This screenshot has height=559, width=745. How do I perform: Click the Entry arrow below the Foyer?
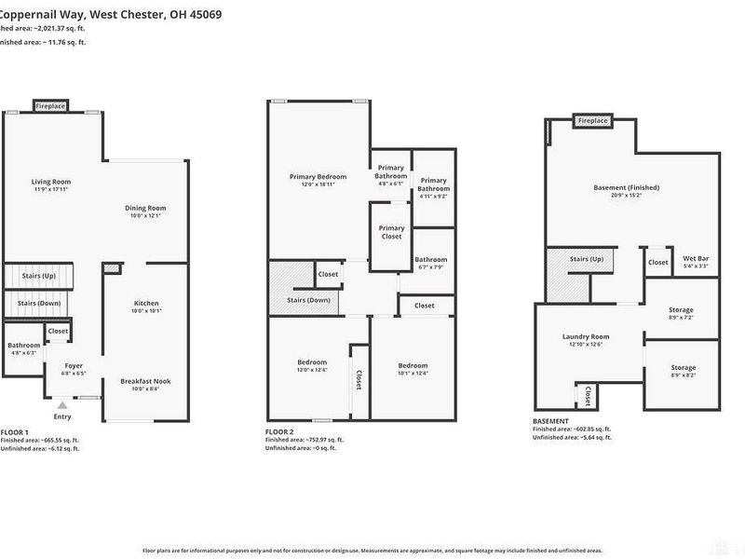62,405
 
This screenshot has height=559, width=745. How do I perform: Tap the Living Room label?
51,182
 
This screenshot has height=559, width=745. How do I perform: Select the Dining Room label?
145,208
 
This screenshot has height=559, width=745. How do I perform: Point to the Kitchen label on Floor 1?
146,303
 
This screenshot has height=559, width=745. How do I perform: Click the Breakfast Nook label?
145,381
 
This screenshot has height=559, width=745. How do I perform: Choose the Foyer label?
74,365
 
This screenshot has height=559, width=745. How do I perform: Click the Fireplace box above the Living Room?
50,106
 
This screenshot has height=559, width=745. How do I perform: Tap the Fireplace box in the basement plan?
592,121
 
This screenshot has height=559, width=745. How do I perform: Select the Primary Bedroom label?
318,176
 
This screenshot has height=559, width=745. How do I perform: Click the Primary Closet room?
391,232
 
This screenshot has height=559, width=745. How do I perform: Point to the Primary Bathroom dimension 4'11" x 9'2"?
433,196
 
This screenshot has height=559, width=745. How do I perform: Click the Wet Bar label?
696,258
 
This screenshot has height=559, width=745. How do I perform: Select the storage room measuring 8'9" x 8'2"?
682,368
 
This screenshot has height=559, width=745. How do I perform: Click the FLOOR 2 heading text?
280,432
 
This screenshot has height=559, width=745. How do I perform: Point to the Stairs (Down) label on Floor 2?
308,301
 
